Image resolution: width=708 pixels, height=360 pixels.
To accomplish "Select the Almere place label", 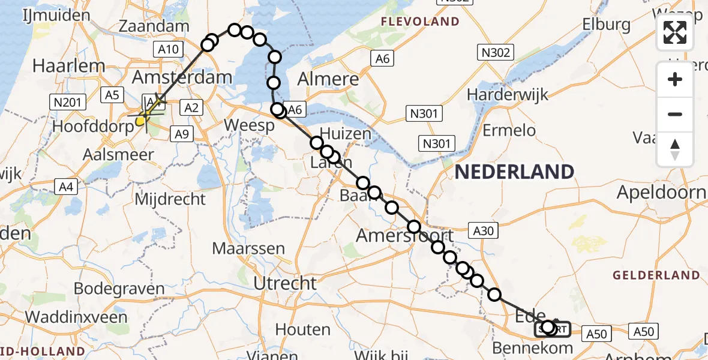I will pyautogui.click(x=328, y=79).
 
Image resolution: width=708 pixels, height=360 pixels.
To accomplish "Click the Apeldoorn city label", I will pyautogui.click(x=662, y=193).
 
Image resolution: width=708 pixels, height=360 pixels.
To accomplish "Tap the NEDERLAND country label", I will pyautogui.click(x=514, y=172).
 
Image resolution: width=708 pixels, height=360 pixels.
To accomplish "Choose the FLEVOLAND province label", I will pyautogui.click(x=420, y=22).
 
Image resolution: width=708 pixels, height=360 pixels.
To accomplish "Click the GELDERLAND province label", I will pyautogui.click(x=656, y=275).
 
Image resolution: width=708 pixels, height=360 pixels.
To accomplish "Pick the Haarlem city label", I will pyautogui.click(x=60, y=65).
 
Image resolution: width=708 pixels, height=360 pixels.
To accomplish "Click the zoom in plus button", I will pyautogui.click(x=675, y=80).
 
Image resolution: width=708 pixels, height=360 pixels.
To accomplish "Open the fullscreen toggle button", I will pyautogui.click(x=675, y=32).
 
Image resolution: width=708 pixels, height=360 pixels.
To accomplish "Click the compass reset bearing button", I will pyautogui.click(x=675, y=149).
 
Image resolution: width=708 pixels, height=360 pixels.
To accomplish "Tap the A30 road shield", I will pyautogui.click(x=484, y=231).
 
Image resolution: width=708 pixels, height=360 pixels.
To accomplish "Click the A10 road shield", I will pyautogui.click(x=169, y=49).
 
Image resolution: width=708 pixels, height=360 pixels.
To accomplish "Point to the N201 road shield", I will pyautogui.click(x=68, y=103).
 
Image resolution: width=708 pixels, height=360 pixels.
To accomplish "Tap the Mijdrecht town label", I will pyautogui.click(x=170, y=199).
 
